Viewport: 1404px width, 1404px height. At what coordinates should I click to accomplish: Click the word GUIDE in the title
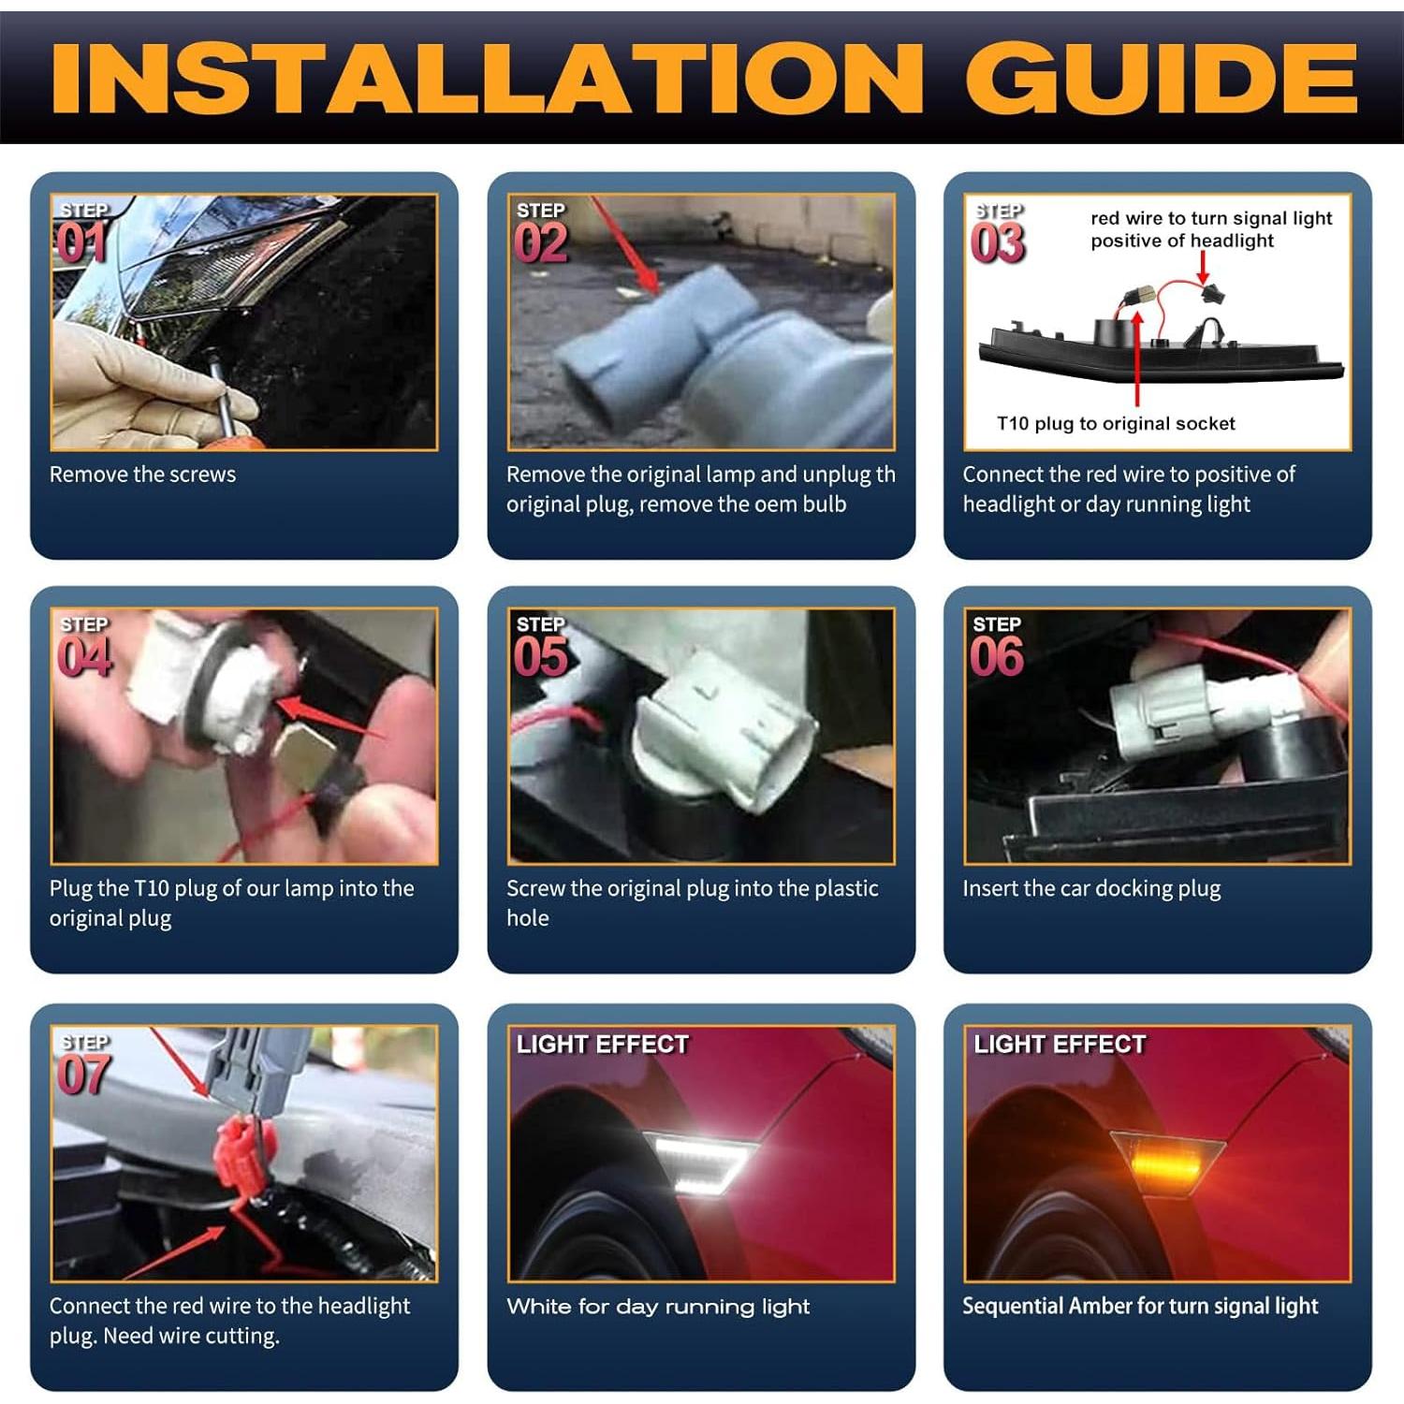point(1162,78)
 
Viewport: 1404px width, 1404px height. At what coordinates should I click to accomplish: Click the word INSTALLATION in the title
point(487,78)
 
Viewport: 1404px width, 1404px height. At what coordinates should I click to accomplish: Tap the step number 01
point(81,243)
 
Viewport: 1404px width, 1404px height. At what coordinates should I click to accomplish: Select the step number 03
point(997,243)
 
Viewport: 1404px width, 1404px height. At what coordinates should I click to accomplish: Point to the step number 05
point(541,656)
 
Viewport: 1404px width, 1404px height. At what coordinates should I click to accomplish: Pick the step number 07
point(84,1074)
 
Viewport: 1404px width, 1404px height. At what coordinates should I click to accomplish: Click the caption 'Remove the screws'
point(142,475)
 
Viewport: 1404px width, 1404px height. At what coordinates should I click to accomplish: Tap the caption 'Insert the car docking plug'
point(1091,888)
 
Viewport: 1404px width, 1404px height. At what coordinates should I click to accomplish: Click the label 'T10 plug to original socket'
point(1116,423)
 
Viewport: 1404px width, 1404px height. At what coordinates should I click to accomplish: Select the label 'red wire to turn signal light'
point(1211,218)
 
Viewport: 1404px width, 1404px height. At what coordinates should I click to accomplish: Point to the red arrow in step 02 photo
point(625,245)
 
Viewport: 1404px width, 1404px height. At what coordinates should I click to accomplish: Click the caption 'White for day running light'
point(658,1307)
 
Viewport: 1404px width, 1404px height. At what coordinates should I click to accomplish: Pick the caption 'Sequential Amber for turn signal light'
point(1140,1307)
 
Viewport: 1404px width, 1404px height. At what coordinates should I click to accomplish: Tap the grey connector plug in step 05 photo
point(725,730)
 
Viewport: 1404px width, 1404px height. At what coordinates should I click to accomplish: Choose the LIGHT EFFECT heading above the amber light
point(1060,1045)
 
